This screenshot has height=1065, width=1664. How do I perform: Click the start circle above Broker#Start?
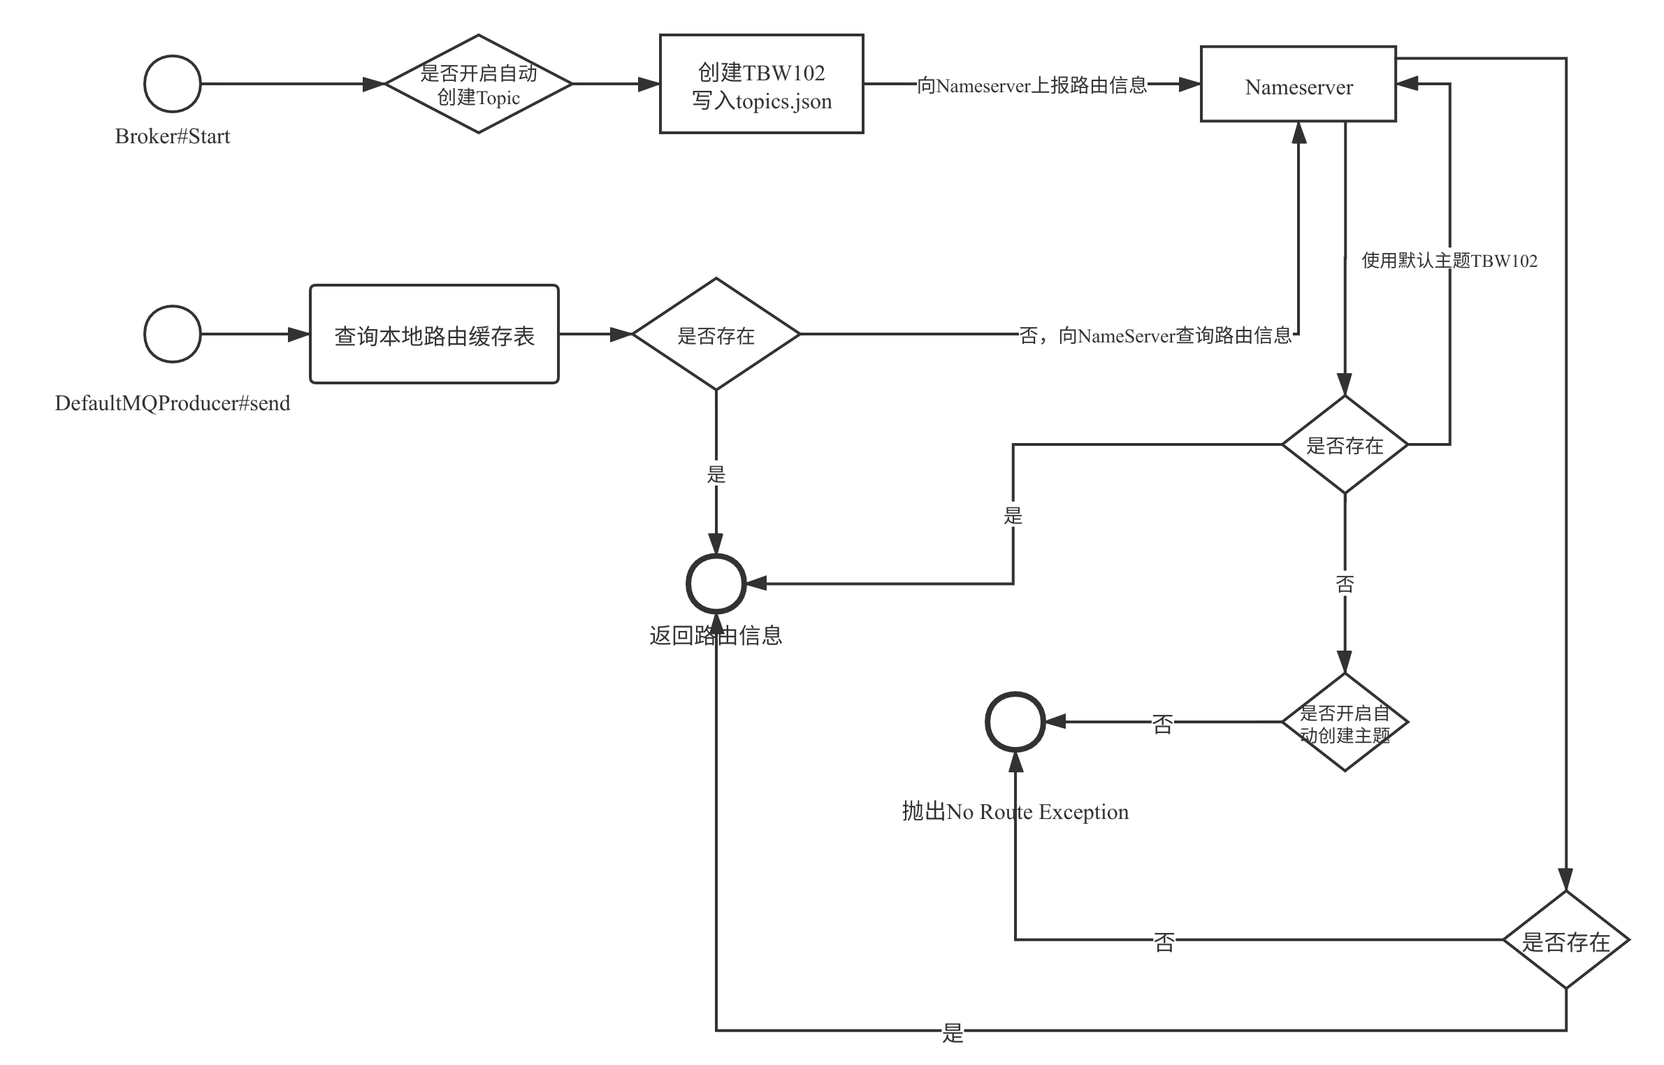173,84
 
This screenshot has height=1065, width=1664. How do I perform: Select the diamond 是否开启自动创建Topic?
479,84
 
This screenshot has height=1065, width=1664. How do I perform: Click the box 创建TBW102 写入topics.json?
762,85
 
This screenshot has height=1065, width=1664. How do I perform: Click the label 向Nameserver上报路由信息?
1032,85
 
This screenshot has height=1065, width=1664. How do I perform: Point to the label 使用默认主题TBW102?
1449,261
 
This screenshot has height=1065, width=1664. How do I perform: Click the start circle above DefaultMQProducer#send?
173,334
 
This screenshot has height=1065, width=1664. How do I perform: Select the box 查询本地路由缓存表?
434,335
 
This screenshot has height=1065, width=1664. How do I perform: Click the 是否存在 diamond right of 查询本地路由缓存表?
716,335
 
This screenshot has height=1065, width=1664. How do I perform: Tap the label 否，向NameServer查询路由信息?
1155,335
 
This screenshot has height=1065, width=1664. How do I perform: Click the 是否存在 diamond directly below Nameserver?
1345,445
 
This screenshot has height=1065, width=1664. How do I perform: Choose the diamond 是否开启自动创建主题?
1345,723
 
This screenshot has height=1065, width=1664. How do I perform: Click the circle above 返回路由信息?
716,584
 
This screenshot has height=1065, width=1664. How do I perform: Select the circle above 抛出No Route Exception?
1015,723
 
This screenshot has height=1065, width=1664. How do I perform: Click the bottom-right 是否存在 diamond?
1566,940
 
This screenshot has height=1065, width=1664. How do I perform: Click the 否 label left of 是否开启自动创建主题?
1162,723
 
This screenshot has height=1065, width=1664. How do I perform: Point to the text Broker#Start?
173,136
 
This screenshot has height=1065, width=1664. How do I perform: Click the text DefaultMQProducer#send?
173,403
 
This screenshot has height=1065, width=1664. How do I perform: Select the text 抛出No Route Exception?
1015,812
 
